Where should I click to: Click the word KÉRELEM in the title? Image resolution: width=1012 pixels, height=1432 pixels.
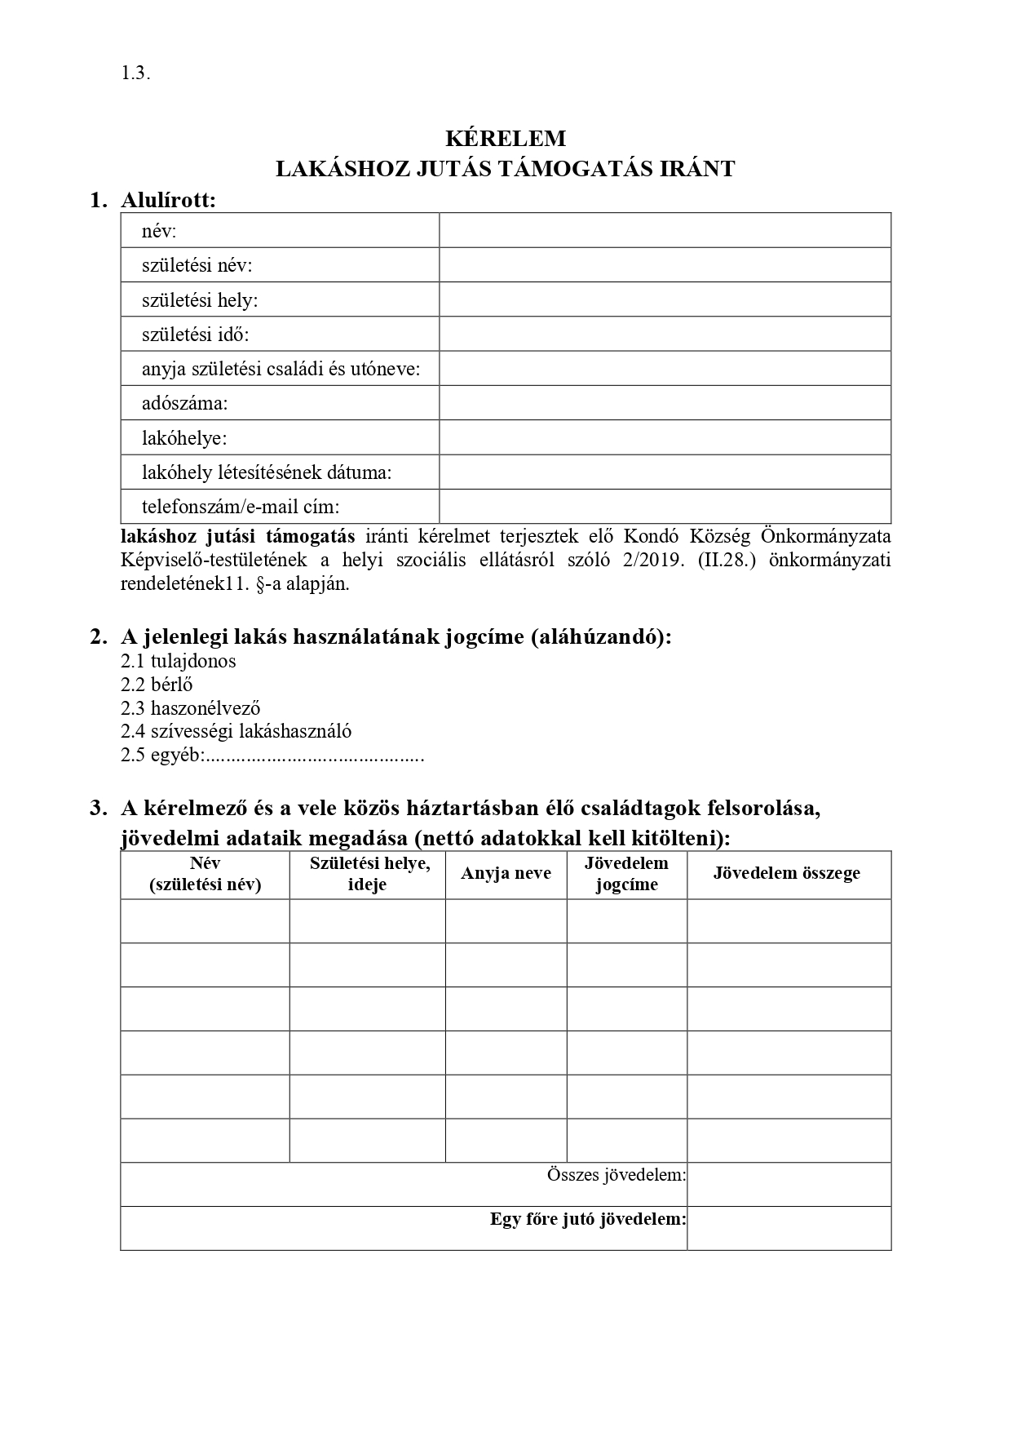coord(506,138)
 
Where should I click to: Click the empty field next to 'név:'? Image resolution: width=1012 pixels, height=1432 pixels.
coord(665,231)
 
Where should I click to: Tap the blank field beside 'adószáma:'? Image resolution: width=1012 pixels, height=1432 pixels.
coord(665,403)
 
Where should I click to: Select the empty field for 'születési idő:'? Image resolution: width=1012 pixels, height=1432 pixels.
coord(665,335)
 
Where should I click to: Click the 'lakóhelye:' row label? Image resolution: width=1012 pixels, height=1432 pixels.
coord(184,438)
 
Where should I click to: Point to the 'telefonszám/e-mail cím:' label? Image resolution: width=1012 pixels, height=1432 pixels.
coord(240,507)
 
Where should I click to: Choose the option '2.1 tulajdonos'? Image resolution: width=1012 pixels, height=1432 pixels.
coord(179,661)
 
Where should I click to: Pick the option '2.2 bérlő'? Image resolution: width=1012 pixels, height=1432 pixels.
coord(157,685)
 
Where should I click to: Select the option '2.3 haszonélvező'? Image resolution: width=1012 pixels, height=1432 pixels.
coord(191,708)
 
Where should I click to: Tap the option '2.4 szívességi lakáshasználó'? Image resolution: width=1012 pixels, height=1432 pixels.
coord(236,732)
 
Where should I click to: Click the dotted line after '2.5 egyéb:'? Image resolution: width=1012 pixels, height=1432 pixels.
coord(314,756)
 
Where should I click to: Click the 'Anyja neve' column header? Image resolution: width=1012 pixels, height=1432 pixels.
coord(506,874)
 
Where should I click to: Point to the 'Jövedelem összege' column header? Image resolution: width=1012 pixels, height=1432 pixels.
coord(787,874)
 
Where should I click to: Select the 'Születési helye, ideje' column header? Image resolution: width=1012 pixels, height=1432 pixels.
coord(369,874)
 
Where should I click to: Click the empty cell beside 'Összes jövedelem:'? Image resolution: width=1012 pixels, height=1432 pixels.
coord(789,1185)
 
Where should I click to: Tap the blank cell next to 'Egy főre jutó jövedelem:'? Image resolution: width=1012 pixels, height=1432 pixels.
coord(789,1229)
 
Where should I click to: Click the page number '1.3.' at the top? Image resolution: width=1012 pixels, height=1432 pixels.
coord(135,73)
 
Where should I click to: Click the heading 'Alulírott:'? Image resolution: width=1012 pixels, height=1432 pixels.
coord(169,200)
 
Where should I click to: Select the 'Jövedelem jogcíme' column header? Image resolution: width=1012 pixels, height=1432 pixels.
coord(626,874)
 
